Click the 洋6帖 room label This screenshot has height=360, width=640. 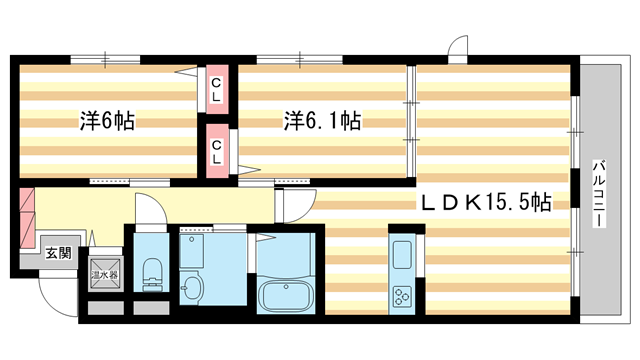pos(107,122)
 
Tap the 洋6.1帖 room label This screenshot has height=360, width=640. pos(322,121)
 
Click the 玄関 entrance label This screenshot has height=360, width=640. pos(58,254)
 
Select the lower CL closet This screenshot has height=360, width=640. pos(216,149)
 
